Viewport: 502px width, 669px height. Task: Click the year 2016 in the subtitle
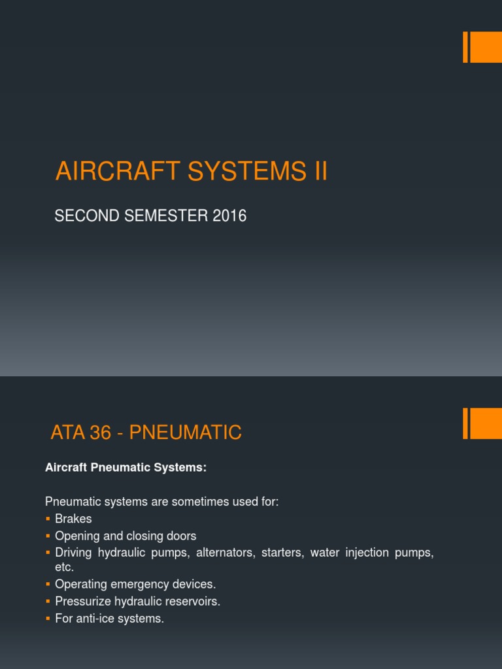(x=229, y=216)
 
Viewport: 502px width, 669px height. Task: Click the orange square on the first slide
(x=486, y=47)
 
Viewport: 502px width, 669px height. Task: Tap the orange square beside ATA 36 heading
(x=486, y=423)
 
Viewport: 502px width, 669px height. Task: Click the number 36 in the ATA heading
(x=100, y=432)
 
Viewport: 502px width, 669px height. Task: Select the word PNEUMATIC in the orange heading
(x=186, y=432)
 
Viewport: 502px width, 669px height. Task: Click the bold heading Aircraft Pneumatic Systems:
(x=125, y=467)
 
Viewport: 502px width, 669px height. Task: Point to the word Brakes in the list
(x=73, y=519)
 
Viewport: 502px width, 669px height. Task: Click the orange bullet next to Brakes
(x=48, y=519)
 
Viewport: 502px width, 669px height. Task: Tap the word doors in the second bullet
(x=182, y=536)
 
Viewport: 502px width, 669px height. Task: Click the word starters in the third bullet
(x=282, y=553)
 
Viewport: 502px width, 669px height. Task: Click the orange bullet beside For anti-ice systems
(x=48, y=618)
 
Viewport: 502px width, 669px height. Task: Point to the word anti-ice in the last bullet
(x=96, y=618)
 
